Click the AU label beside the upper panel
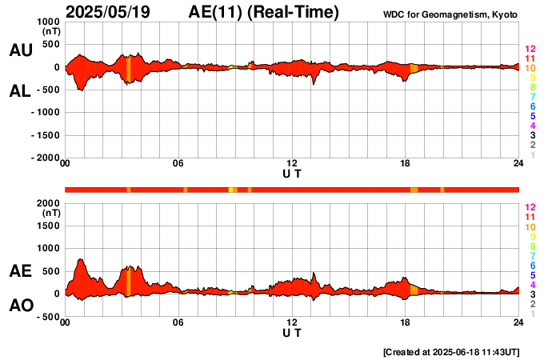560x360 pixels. [20, 50]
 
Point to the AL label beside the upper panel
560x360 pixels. [20, 91]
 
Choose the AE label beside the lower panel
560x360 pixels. [20, 271]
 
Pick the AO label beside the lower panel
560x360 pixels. [20, 306]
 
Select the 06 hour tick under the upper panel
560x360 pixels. [178, 164]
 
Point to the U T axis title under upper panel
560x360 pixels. [292, 173]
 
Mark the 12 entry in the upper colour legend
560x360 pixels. [530, 49]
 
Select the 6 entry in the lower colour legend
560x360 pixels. [532, 265]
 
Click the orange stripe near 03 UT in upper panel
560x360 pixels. [128, 68]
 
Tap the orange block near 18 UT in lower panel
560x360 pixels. [414, 290]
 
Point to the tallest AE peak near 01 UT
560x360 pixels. [80, 261]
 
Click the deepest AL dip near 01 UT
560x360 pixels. [81, 90]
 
